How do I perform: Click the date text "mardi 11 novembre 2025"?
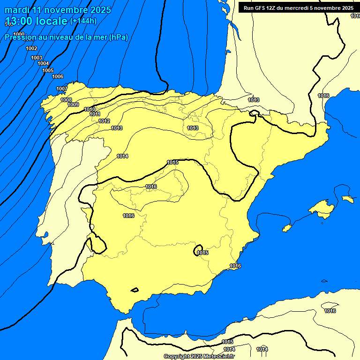(x=58, y=10)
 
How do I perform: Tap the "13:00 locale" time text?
(x=36, y=21)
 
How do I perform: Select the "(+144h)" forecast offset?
(x=83, y=21)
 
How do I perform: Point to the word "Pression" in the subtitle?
(x=20, y=37)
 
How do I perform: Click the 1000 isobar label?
(x=19, y=34)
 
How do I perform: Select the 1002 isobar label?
(x=31, y=48)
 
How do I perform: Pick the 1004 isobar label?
(x=43, y=63)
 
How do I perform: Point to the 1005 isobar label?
(x=48, y=70)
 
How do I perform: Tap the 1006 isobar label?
(x=58, y=76)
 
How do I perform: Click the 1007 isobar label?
(x=62, y=89)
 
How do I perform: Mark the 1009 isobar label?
(x=73, y=105)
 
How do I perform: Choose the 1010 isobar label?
(x=90, y=109)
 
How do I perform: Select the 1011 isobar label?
(x=95, y=114)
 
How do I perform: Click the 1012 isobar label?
(x=104, y=121)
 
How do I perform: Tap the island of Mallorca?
(x=321, y=207)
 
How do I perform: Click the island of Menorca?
(x=347, y=199)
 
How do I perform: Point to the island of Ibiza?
(x=287, y=228)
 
